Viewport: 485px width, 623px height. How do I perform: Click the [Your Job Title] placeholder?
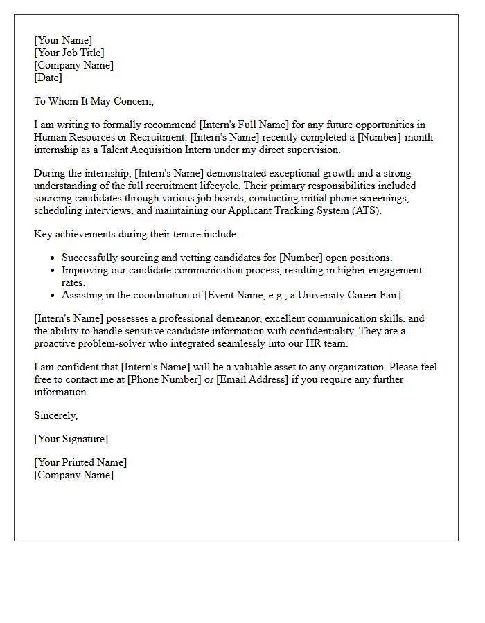coord(69,53)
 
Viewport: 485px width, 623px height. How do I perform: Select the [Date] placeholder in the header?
coord(48,78)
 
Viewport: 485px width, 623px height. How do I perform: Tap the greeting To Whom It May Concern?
coord(94,101)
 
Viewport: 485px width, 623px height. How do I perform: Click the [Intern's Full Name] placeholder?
coord(243,125)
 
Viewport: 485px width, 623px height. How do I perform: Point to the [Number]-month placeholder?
coord(395,137)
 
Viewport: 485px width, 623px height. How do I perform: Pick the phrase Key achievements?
coord(73,234)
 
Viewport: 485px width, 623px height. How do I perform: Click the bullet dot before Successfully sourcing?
coord(53,258)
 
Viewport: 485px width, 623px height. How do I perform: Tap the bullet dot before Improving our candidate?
coord(53,271)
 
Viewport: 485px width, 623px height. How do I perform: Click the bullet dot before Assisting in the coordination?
coord(53,296)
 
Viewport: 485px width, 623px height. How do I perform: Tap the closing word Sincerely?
coord(55,415)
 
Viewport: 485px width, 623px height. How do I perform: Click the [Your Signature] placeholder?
coord(71,439)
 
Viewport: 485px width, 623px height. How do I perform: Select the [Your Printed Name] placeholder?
coord(80,462)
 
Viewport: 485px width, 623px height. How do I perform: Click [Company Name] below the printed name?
coord(73,475)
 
